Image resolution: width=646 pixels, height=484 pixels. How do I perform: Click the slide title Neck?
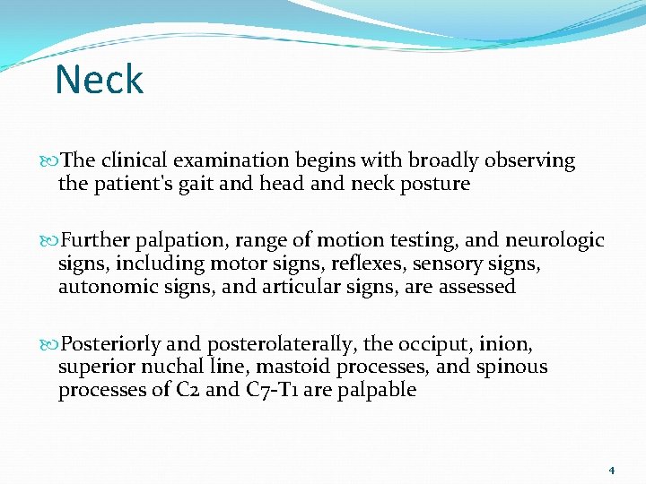(99, 80)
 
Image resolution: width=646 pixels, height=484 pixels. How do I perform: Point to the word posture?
(435, 185)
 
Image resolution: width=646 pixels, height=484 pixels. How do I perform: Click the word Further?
(97, 241)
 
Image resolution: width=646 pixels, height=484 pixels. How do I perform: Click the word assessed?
(476, 288)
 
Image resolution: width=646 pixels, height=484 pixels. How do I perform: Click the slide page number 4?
(611, 470)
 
